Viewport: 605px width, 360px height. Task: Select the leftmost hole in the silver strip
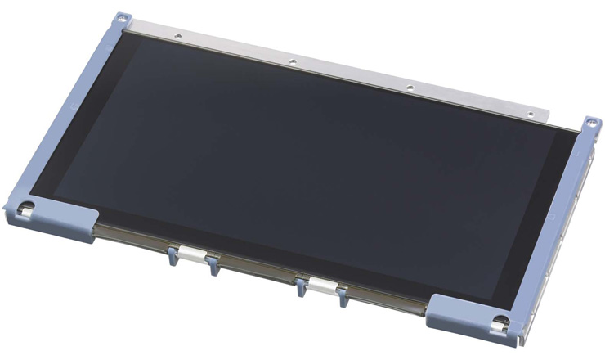click(x=177, y=35)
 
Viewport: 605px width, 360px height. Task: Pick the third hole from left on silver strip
click(x=410, y=86)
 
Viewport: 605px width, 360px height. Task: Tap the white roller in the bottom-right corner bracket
click(x=500, y=322)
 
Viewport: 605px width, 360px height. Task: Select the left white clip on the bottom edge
click(x=191, y=252)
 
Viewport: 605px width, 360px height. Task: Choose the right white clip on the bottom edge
click(x=320, y=286)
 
